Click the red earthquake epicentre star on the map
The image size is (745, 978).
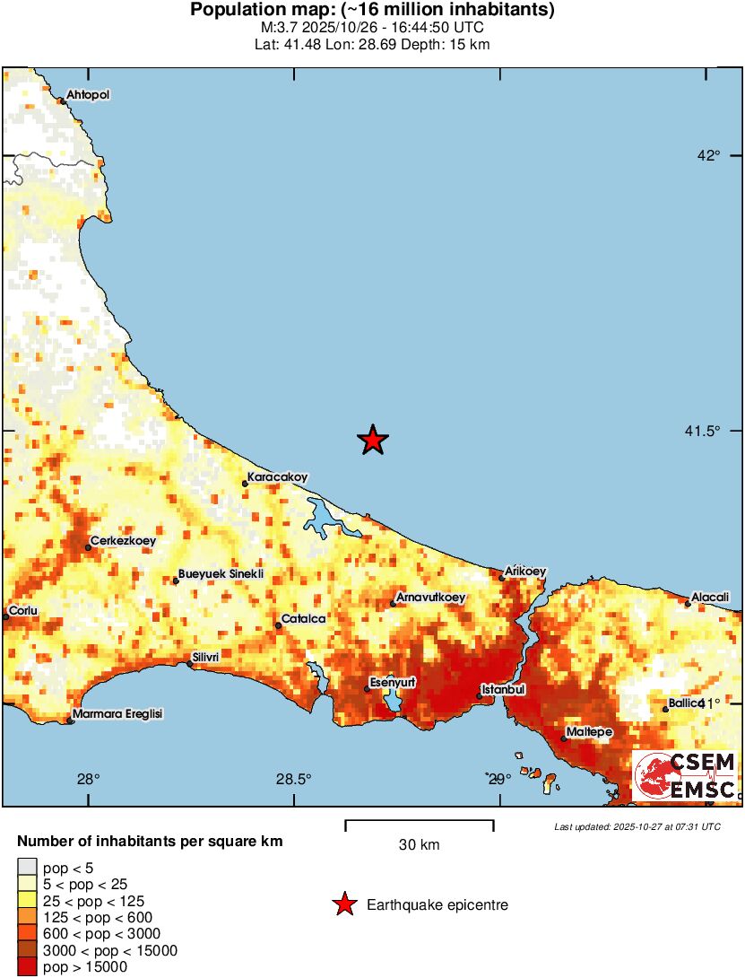[373, 440]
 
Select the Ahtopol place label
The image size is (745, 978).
[88, 95]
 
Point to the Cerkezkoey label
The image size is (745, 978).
[122, 541]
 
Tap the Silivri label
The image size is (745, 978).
[206, 657]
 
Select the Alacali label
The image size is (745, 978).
[710, 597]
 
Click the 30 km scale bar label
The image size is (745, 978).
[419, 845]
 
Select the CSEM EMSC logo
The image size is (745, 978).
[686, 775]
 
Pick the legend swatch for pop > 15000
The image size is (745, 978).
[27, 966]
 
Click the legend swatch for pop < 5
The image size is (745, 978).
[27, 868]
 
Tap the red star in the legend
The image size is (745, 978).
[343, 905]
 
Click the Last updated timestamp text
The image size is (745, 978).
[637, 826]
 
